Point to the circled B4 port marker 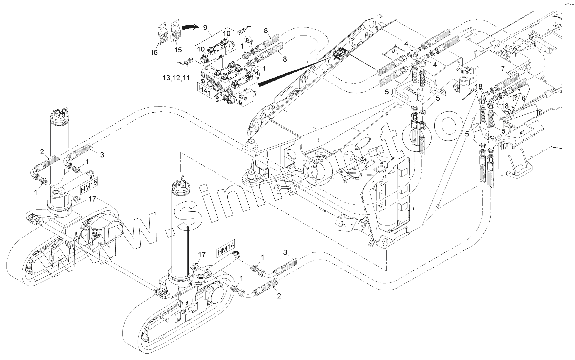(x=250, y=42)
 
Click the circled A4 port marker (x=256, y=72)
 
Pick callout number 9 (x=205, y=27)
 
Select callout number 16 (x=154, y=52)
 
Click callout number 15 (x=178, y=50)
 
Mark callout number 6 (x=524, y=98)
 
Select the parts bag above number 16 (x=163, y=33)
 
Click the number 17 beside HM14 (x=202, y=254)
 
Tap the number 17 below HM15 (x=92, y=199)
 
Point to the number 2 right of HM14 (x=279, y=296)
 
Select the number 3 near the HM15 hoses (x=102, y=155)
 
